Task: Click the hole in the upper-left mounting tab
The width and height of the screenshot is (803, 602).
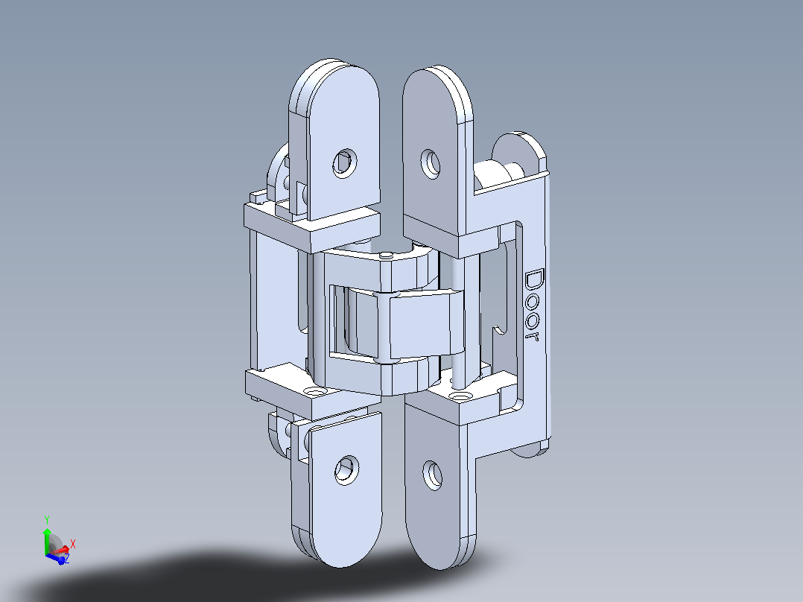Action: click(345, 163)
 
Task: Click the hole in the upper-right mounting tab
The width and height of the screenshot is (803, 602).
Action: click(431, 164)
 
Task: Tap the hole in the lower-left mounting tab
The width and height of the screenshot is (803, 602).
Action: click(346, 470)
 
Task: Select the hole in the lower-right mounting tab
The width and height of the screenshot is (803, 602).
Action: click(433, 475)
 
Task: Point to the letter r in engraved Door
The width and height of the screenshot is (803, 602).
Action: click(533, 336)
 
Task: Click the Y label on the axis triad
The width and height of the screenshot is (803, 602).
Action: click(47, 520)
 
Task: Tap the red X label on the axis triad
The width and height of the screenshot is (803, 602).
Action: click(73, 544)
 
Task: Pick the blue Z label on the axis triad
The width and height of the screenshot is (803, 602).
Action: click(66, 559)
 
